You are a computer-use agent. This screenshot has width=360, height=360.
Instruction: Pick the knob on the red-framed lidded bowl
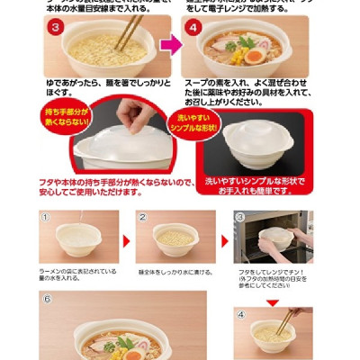point(255,132)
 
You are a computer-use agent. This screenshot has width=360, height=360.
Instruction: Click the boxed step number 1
point(47,217)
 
